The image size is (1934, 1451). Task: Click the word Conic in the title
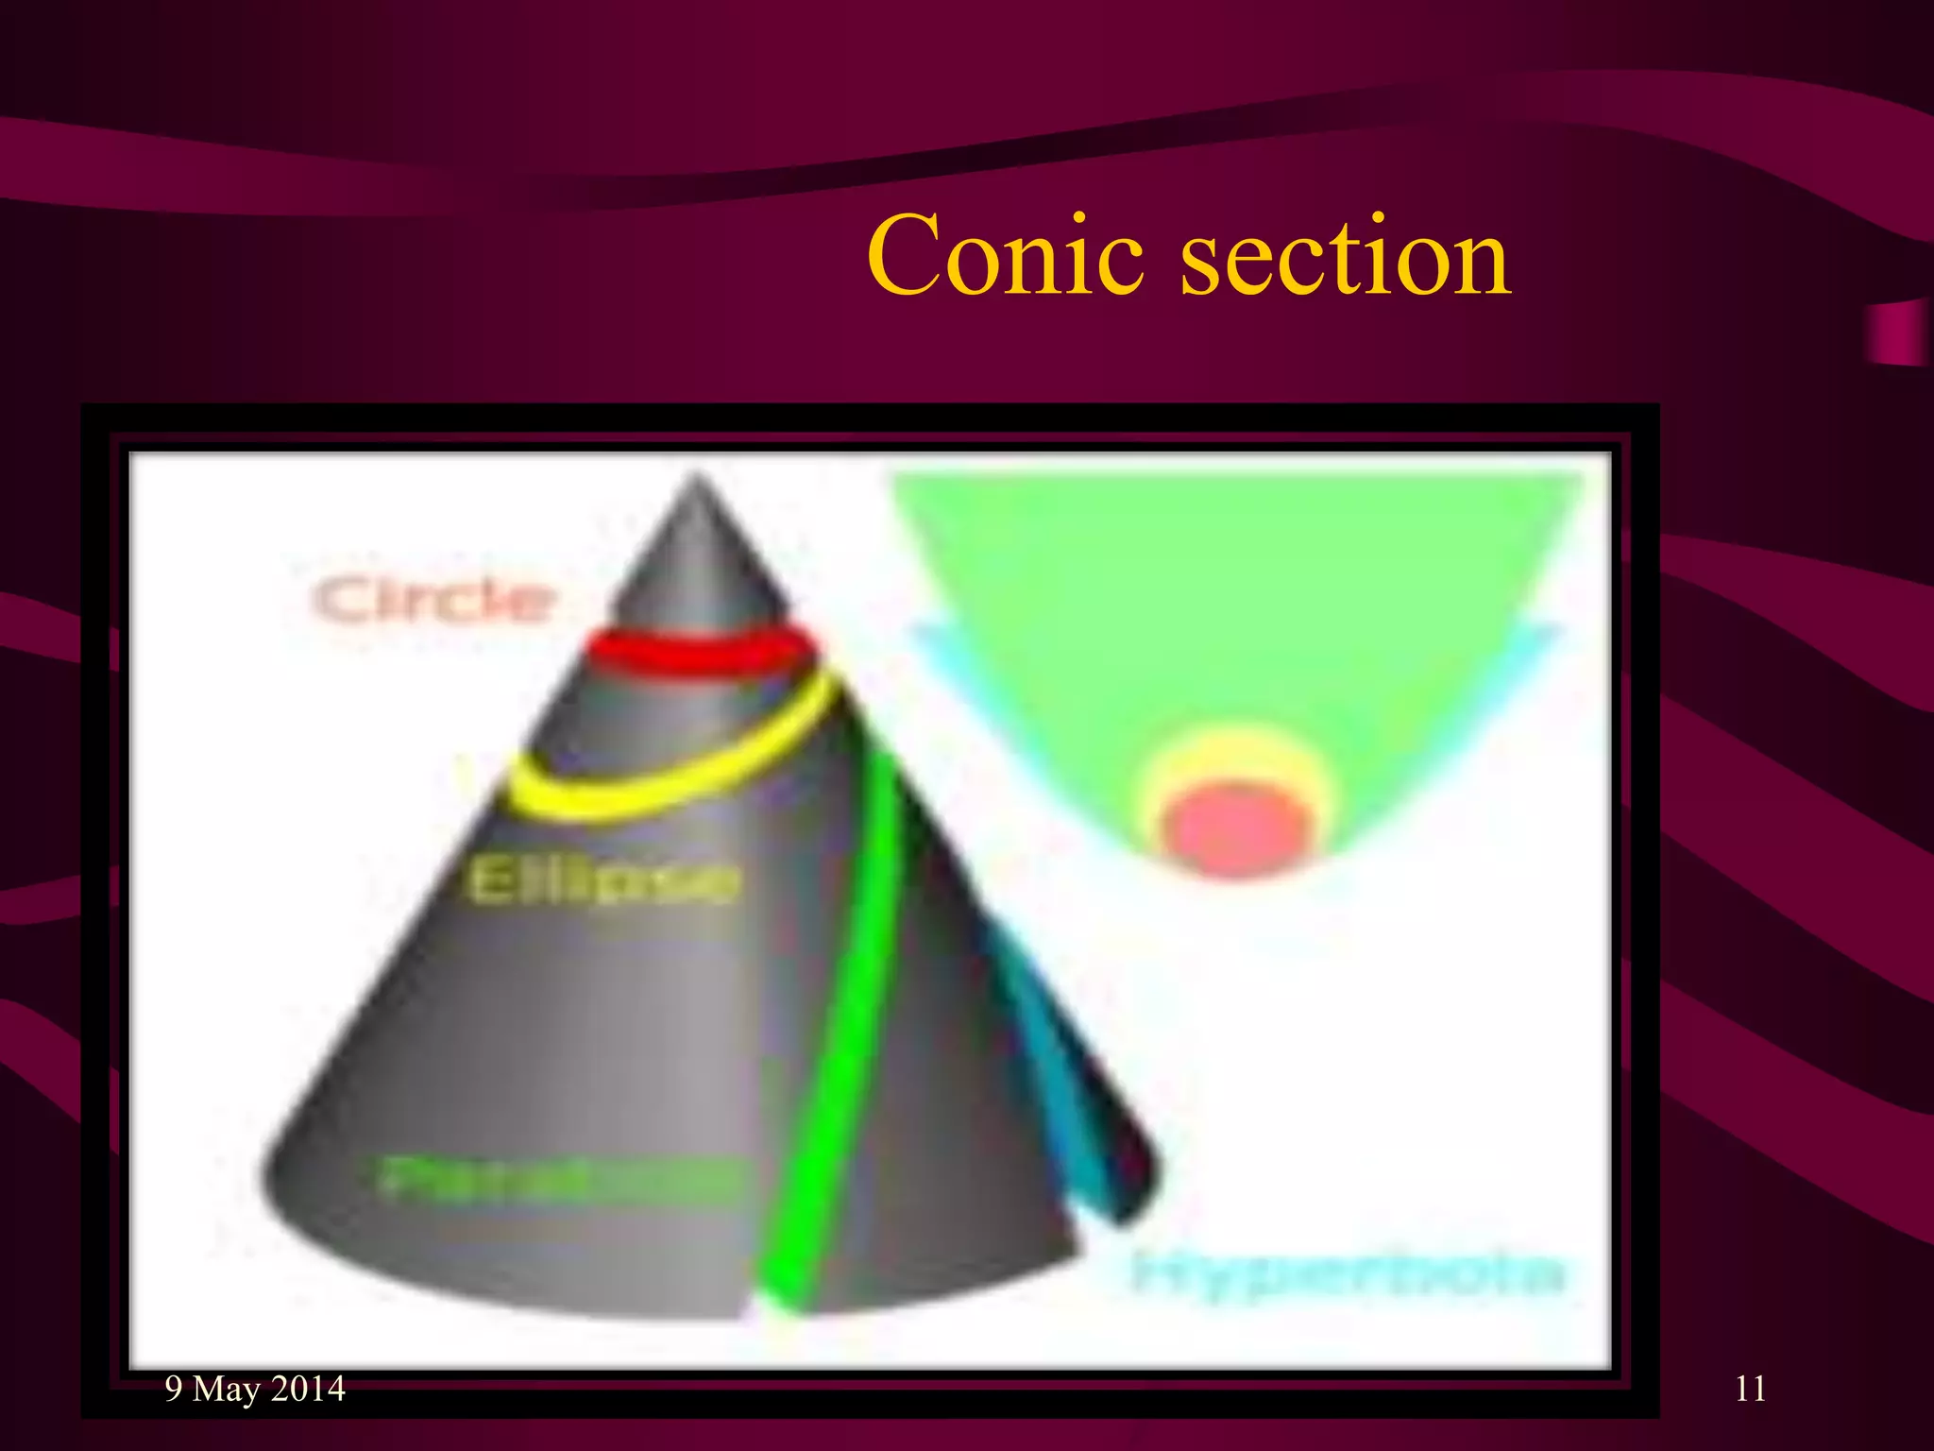click(1007, 255)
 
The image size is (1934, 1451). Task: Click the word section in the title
click(1345, 255)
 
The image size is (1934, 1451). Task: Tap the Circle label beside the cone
click(433, 599)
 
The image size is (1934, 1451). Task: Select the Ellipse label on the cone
click(602, 882)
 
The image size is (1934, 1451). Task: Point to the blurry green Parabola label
click(557, 1178)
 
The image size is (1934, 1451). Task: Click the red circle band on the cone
click(699, 651)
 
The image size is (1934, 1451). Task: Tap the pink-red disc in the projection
click(1237, 827)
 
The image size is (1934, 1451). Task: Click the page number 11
click(1750, 1389)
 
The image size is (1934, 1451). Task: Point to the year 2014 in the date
click(308, 1389)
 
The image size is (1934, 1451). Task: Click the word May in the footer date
click(226, 1390)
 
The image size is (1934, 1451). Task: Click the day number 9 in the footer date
click(174, 1389)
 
